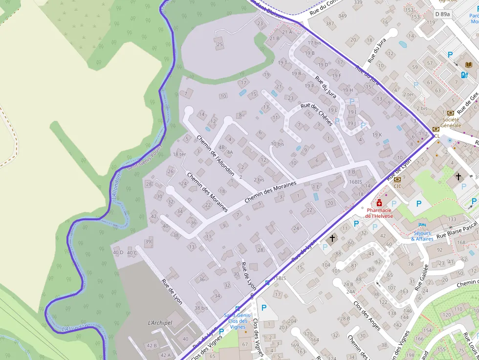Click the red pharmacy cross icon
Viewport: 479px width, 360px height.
[x=379, y=203]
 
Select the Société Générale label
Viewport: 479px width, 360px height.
[x=451, y=122]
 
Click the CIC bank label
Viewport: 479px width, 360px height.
[x=397, y=186]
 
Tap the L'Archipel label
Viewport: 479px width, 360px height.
[x=160, y=323]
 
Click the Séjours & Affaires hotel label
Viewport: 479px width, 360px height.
[x=422, y=236]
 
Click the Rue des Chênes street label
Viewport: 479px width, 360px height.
[x=317, y=114]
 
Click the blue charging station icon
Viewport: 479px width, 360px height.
[x=464, y=75]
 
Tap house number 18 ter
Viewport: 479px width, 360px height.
[x=179, y=154]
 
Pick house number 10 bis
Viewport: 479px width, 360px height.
[x=277, y=144]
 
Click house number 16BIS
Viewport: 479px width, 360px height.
[x=355, y=182]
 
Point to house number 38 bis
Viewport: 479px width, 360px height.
[x=201, y=308]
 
